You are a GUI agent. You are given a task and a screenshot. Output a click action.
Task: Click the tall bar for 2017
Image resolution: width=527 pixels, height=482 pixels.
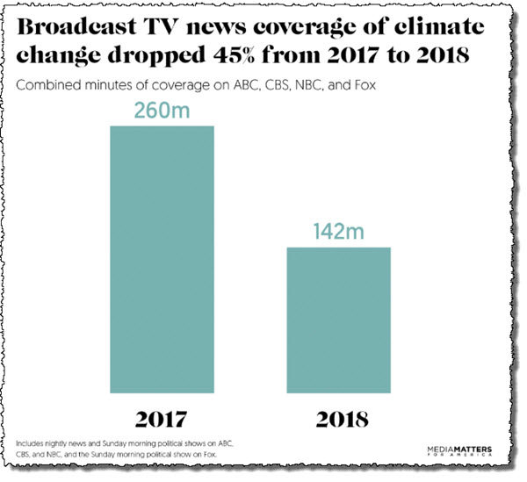click(162, 259)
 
